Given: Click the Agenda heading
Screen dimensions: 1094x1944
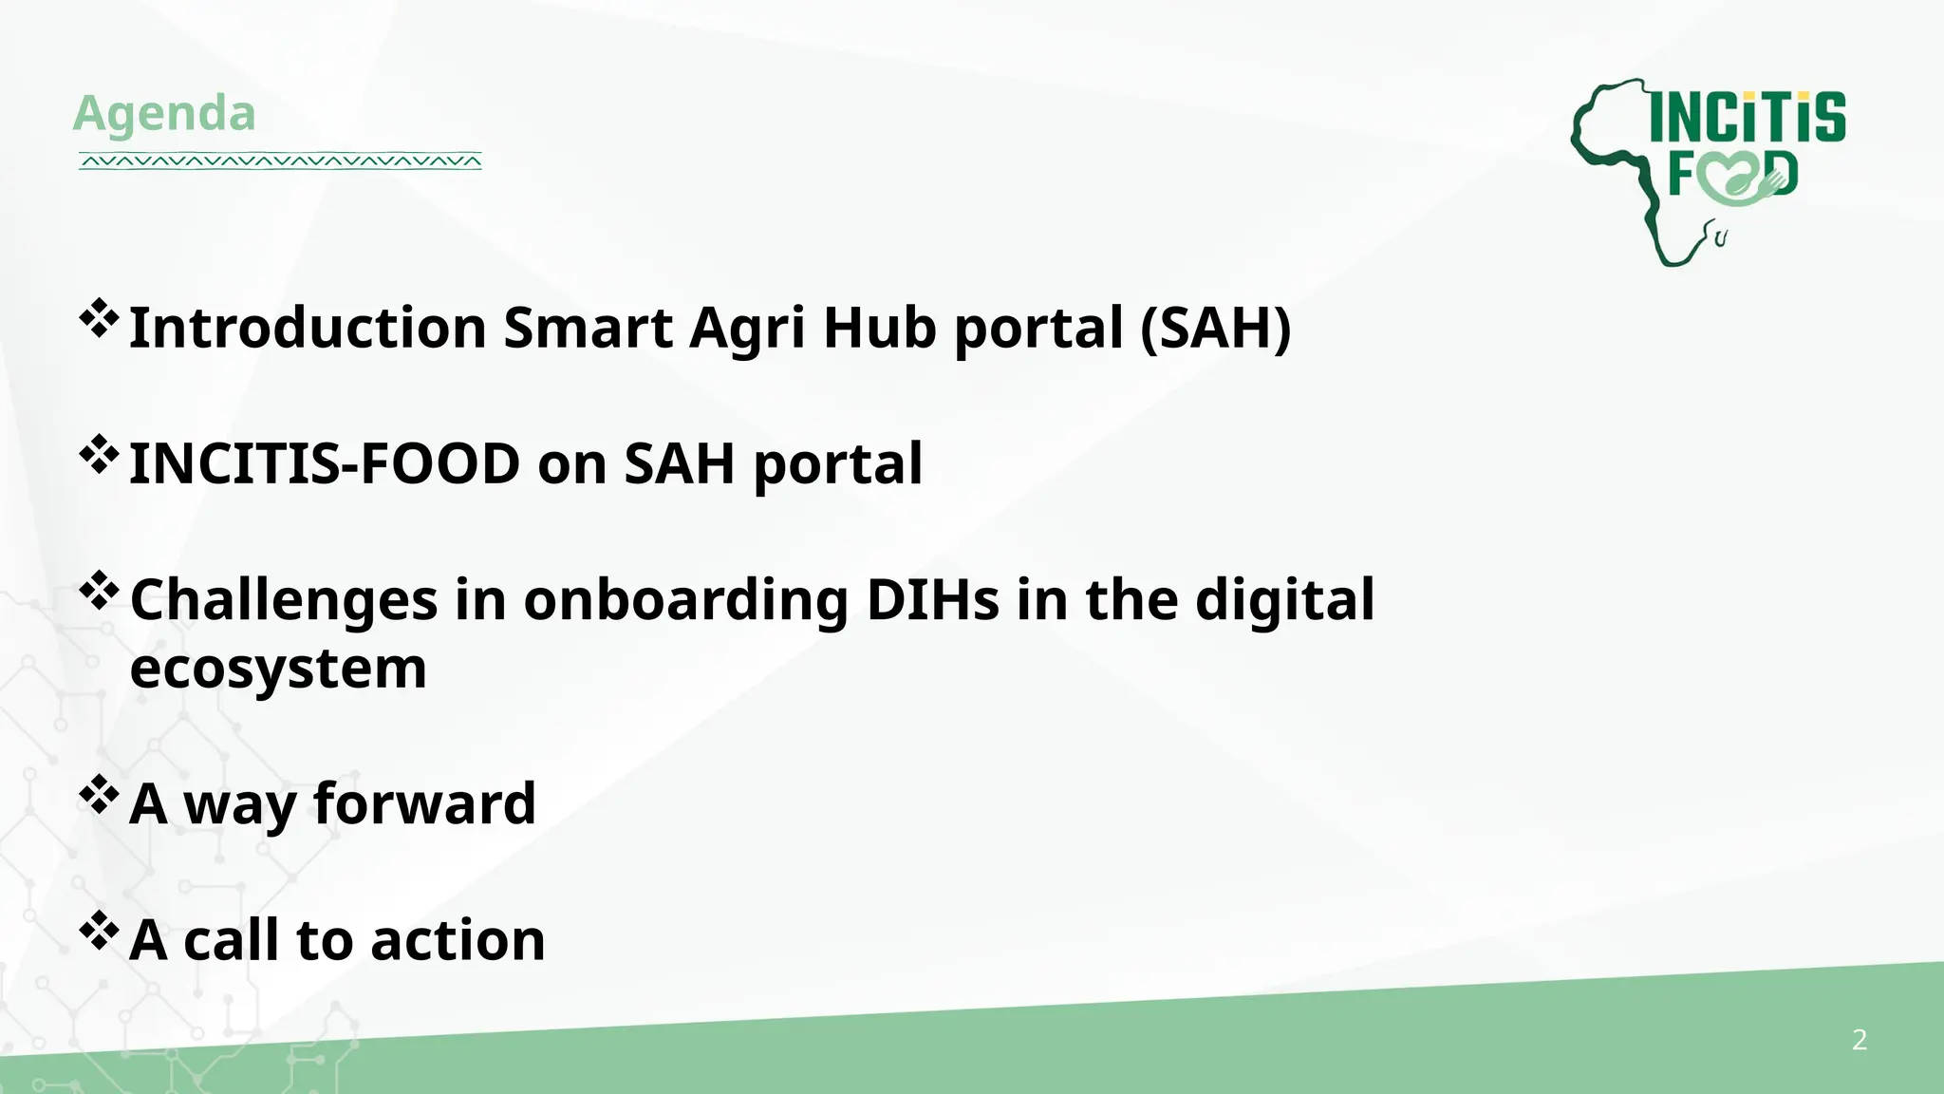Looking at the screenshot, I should click(164, 113).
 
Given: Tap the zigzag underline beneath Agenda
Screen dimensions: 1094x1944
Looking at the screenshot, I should click(280, 161).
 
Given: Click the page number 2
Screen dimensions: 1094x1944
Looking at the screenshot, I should click(1860, 1040).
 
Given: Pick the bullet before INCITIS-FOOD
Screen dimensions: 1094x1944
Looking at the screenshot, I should click(99, 455).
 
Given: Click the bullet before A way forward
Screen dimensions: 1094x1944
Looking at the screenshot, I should click(99, 795).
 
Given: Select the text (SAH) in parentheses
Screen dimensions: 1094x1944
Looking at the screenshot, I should click(1215, 328).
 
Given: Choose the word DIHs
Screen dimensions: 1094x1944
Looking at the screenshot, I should click(932, 601).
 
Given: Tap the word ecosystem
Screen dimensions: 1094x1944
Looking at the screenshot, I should click(278, 669).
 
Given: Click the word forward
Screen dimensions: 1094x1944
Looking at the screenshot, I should click(424, 804).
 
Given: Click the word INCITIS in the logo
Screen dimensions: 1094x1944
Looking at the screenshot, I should click(1748, 118).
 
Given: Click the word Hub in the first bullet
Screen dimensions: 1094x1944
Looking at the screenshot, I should click(879, 328).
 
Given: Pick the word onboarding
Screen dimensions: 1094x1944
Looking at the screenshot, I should click(685, 601).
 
